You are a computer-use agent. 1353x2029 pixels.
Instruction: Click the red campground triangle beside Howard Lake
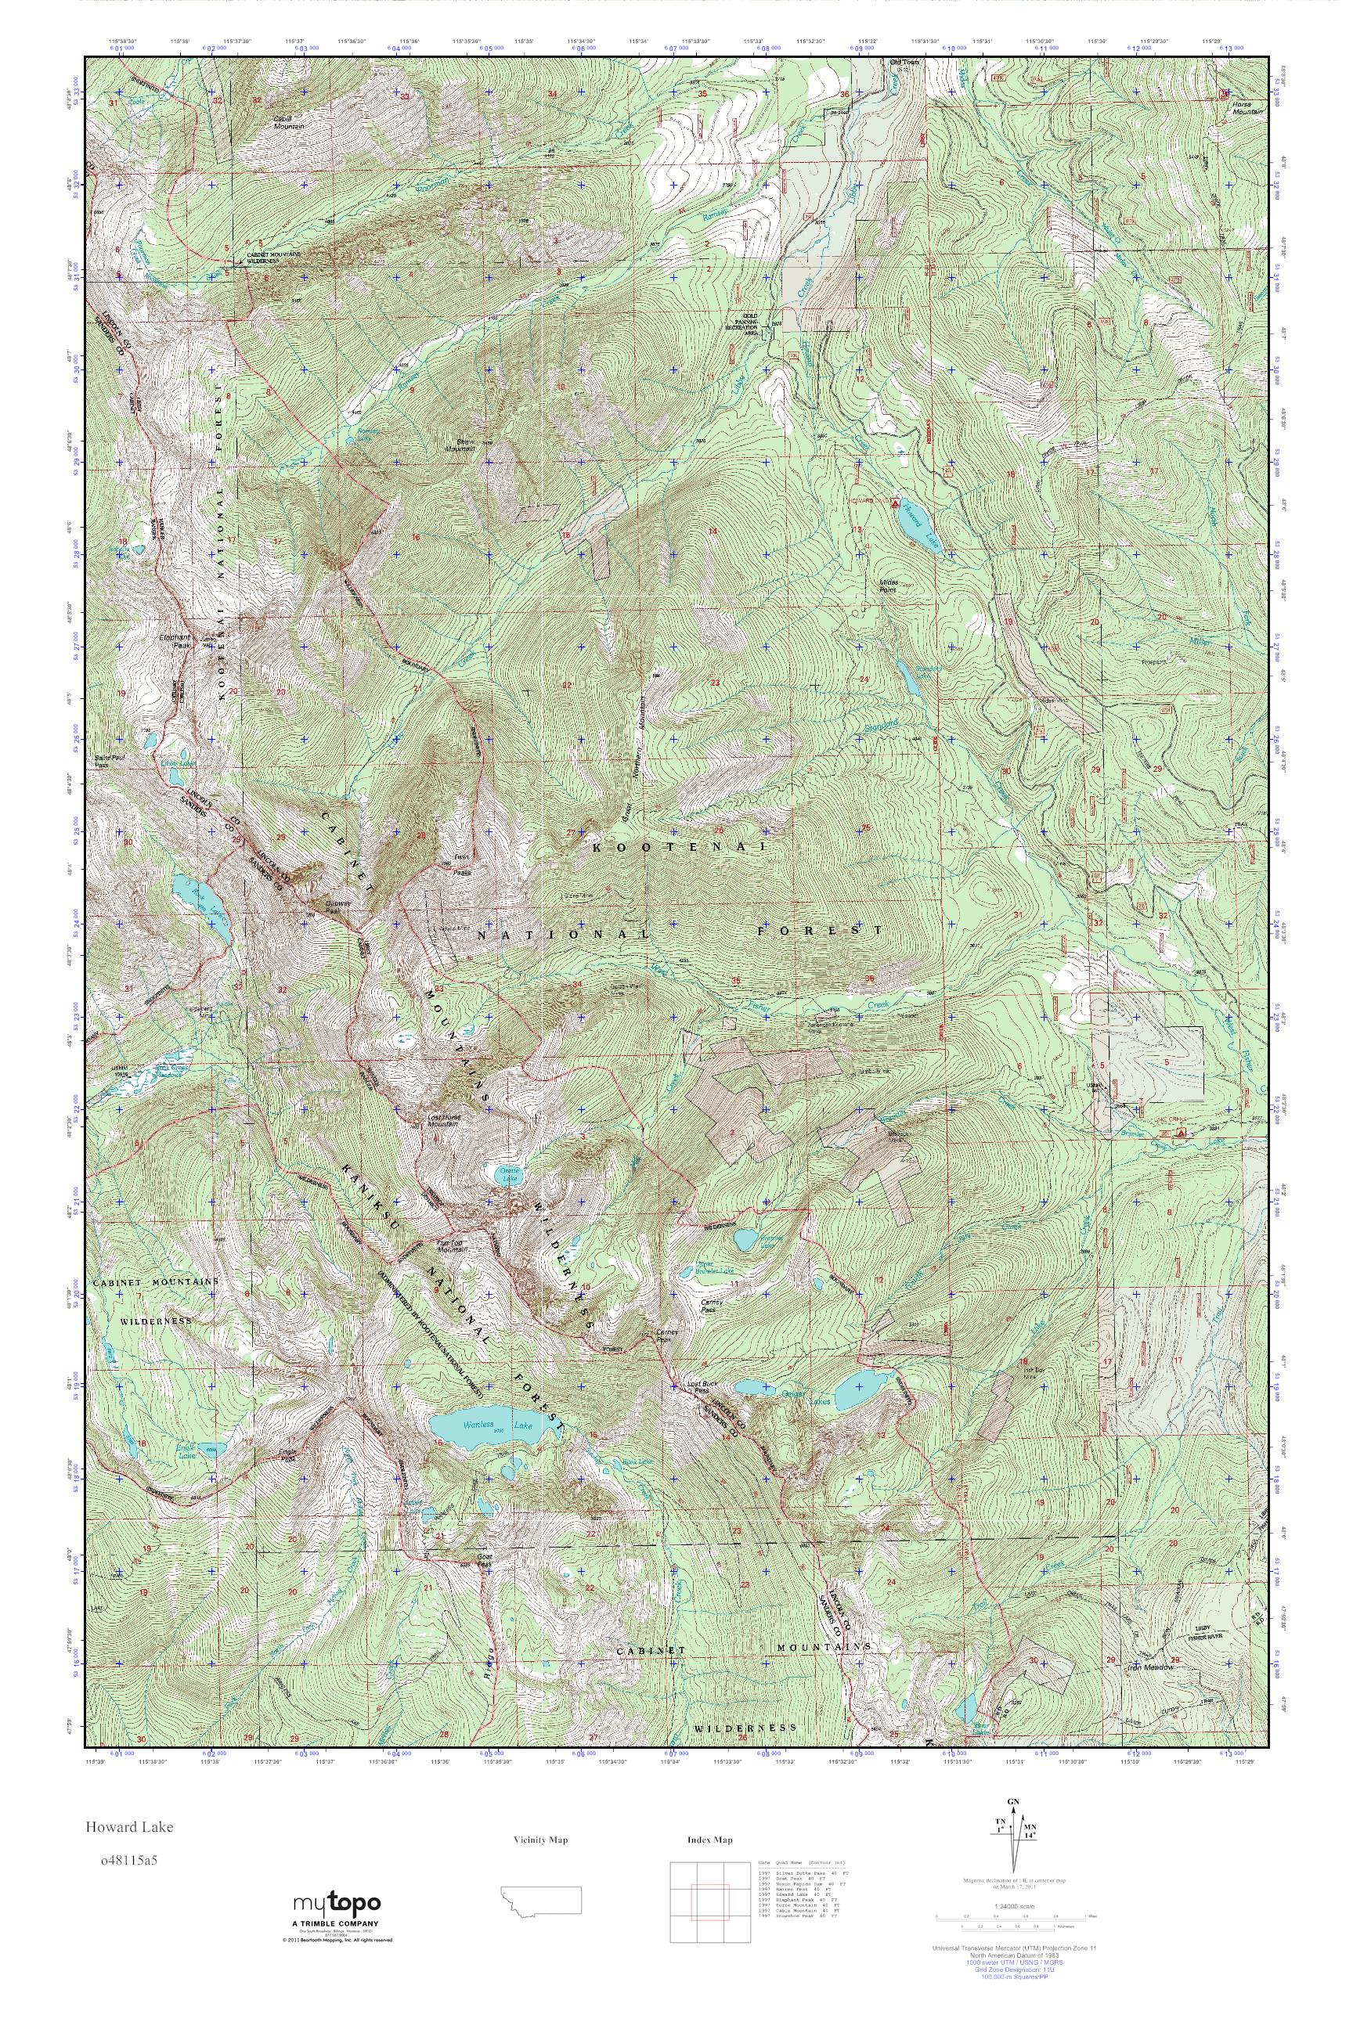[x=896, y=502]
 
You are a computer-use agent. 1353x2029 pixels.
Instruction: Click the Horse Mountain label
[x=1242, y=107]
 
